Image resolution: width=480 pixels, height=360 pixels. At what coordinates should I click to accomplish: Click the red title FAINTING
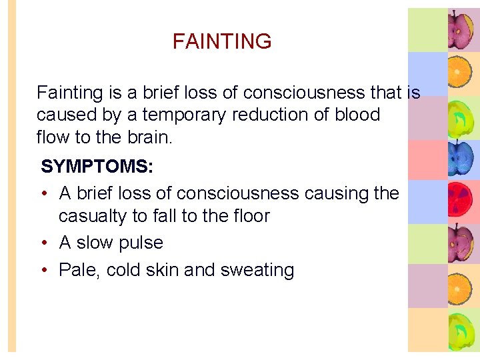222,41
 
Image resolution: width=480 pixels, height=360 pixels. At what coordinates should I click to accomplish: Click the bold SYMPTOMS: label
97,167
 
